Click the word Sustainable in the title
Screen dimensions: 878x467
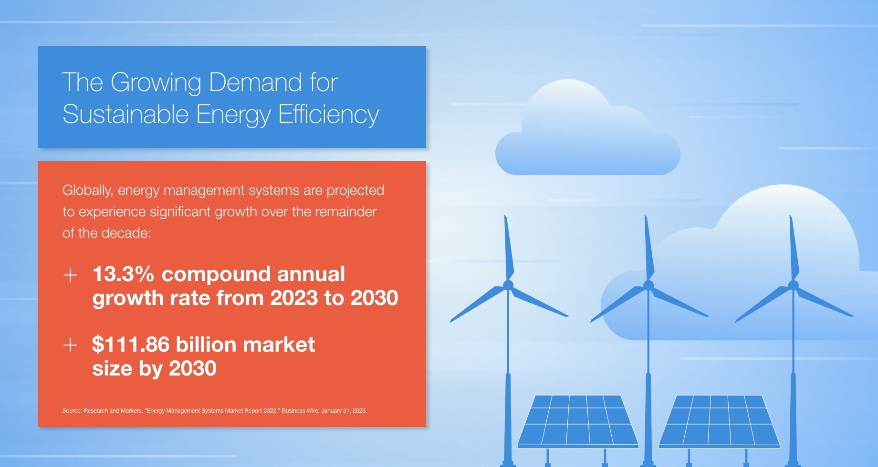pos(125,114)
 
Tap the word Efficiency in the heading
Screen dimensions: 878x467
pos(328,115)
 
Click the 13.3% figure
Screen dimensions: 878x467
pos(123,274)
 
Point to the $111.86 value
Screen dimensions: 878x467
pos(131,344)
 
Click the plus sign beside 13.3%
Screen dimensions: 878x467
pos(70,275)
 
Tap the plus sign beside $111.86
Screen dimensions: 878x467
pos(70,345)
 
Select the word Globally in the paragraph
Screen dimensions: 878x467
pos(88,191)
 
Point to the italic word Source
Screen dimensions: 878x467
pos(72,411)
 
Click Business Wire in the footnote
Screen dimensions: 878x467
pos(300,411)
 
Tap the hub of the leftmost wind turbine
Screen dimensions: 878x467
pos(508,285)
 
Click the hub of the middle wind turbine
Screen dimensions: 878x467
pos(648,285)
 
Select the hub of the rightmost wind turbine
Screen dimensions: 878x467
pos(794,285)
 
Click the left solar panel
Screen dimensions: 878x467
pos(578,421)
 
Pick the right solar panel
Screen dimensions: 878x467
pos(719,421)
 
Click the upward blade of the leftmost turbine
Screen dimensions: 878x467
pos(509,248)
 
